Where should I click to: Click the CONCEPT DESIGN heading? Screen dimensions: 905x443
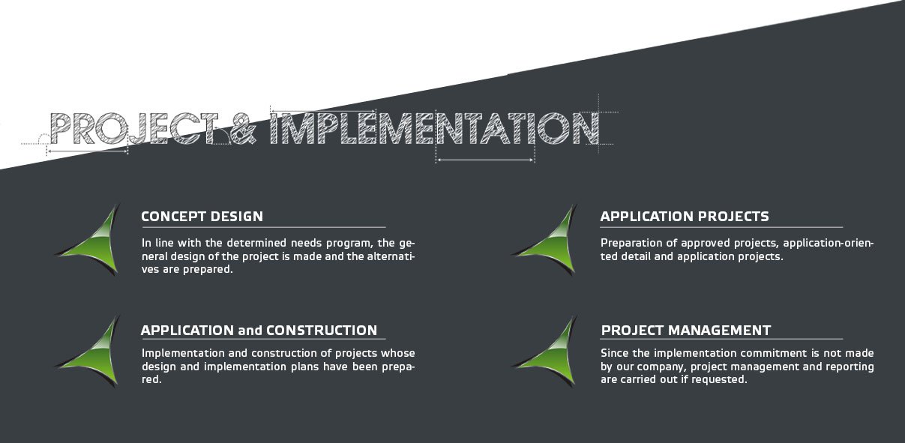[202, 217]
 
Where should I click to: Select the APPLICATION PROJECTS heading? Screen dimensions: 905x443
[685, 217]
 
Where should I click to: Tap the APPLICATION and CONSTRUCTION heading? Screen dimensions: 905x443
[259, 331]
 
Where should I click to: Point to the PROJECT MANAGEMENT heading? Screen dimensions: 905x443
[685, 331]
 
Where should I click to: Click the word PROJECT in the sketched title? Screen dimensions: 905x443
[134, 128]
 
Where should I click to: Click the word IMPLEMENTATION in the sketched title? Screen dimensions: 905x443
[434, 128]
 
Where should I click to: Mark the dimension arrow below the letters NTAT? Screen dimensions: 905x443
[486, 160]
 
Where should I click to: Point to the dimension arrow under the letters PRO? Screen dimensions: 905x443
[87, 151]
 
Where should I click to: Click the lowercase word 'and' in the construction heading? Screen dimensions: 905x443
[250, 331]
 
